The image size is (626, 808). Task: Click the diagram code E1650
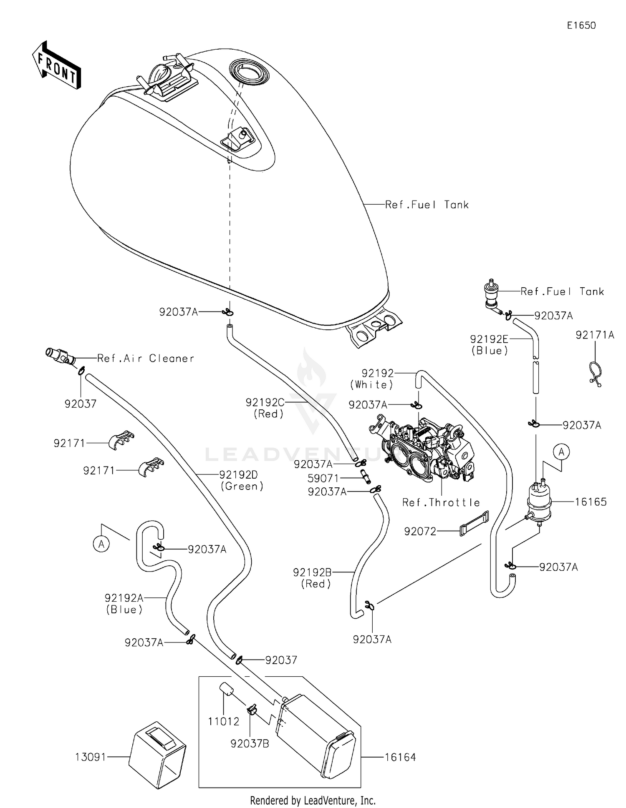[x=581, y=25]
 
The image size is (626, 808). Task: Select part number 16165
[x=591, y=502]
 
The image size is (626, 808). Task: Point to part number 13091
[x=91, y=757]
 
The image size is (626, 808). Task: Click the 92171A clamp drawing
[x=595, y=372]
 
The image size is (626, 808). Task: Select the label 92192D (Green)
[x=242, y=480]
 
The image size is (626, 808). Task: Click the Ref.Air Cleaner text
[x=146, y=358]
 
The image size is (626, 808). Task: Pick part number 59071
[x=323, y=478]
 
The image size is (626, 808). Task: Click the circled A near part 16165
[x=562, y=452]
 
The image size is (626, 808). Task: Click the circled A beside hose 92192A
[x=101, y=544]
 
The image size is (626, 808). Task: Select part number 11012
[x=224, y=721]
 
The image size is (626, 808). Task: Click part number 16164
[x=400, y=757]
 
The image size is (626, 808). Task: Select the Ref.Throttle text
[x=441, y=502]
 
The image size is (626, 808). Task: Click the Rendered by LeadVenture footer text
[x=313, y=800]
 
